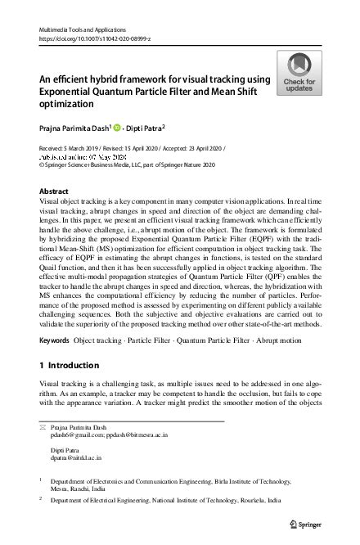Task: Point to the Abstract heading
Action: point(54,191)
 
